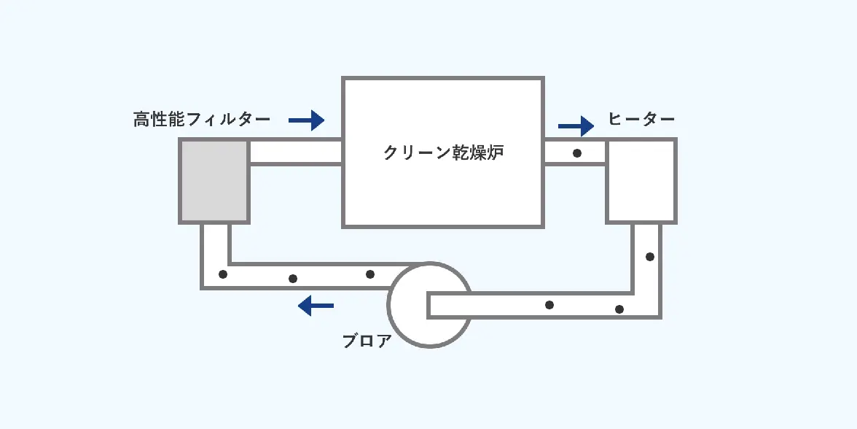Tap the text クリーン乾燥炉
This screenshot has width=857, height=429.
443,153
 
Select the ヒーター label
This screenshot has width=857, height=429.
641,120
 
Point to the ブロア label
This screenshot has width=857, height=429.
367,341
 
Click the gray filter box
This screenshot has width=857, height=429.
214,181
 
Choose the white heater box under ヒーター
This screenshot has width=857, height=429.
641,180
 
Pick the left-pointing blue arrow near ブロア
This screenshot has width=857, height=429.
316,305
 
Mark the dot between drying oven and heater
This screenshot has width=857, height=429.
577,153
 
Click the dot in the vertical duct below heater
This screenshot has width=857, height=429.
649,257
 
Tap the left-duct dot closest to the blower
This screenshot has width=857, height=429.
370,274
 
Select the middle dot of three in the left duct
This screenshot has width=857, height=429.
293,278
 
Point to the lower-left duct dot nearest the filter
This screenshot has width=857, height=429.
223,275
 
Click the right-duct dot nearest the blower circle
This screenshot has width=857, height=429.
549,304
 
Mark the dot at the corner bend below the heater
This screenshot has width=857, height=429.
619,309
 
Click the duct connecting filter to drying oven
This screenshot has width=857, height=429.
295,152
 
